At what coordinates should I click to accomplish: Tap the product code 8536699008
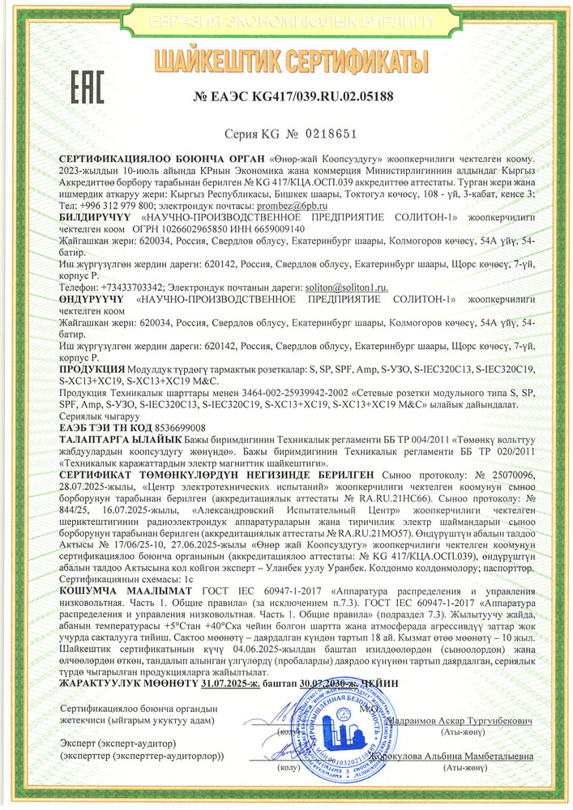[177, 427]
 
